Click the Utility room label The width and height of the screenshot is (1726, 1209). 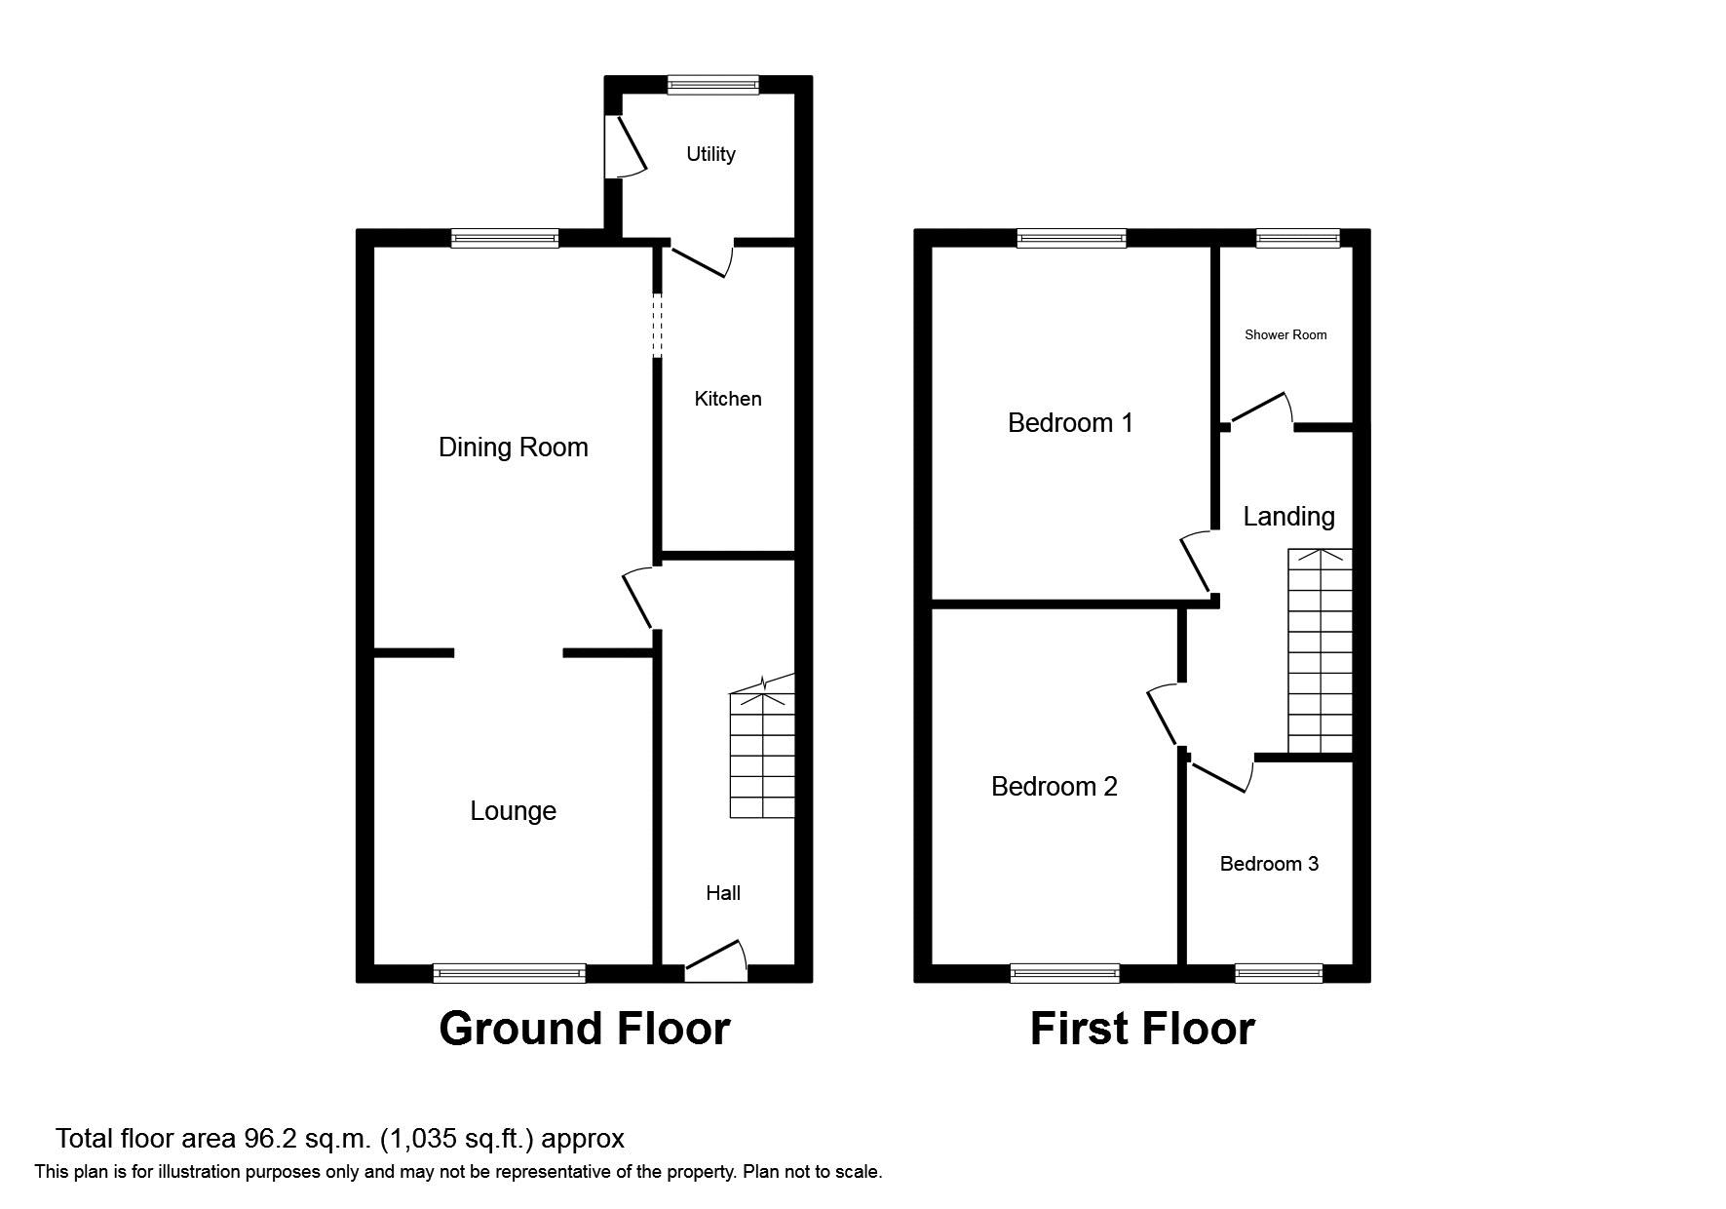point(710,154)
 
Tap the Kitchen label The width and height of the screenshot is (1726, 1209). point(727,399)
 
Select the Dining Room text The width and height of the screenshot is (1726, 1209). point(513,448)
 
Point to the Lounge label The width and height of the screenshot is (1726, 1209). point(513,811)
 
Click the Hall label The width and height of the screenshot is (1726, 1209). point(723,893)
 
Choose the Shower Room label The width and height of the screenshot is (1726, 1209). point(1285,335)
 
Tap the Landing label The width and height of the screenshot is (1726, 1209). point(1288,517)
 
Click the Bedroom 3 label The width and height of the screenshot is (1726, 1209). point(1269,864)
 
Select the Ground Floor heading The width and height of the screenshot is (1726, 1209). point(584,1029)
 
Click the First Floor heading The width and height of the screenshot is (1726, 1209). point(1142,1029)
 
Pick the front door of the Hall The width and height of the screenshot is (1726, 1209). point(716,961)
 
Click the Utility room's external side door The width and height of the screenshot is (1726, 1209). point(624,147)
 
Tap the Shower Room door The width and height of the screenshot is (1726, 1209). point(1260,410)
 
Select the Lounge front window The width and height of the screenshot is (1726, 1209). point(509,972)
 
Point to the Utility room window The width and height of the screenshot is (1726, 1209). point(712,85)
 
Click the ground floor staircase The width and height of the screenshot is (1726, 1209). point(762,756)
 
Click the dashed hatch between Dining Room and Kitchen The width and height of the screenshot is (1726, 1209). point(657,325)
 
